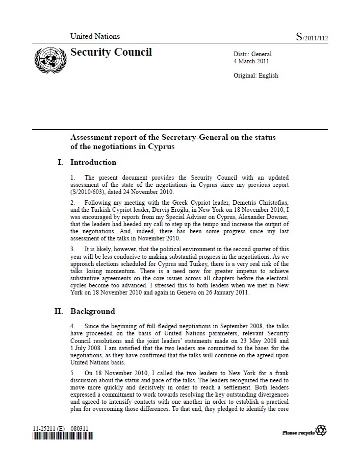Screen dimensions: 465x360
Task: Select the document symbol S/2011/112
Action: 312,37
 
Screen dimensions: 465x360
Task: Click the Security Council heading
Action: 111,52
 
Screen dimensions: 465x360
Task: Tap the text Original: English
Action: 255,76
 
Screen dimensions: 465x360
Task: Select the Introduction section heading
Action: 93,162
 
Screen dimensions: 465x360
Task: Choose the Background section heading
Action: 92,311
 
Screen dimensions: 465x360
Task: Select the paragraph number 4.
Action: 72,325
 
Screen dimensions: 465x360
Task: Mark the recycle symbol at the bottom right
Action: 321,431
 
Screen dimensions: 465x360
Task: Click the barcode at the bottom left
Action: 63,436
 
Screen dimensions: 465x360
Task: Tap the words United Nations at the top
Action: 95,36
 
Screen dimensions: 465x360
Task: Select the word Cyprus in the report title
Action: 158,147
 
